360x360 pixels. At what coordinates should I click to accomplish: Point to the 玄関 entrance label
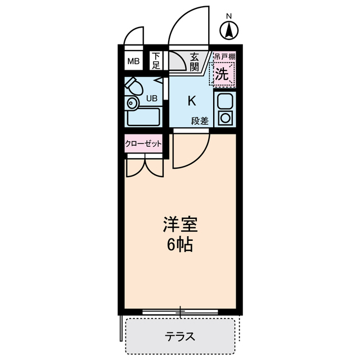[x=195, y=61]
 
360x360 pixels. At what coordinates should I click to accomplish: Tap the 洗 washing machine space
[x=222, y=73]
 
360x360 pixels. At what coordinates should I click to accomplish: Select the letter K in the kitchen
[x=191, y=101]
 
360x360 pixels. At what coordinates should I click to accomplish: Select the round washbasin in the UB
[x=132, y=103]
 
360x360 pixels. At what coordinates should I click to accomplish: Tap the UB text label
[x=152, y=98]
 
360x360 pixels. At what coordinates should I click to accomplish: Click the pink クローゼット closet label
[x=143, y=143]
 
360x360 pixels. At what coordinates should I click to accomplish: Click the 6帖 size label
[x=180, y=245]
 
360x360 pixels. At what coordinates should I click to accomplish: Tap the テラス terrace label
[x=180, y=337]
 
